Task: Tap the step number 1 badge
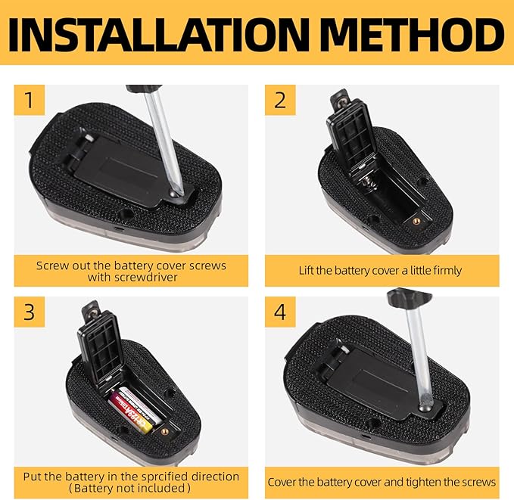click(30, 100)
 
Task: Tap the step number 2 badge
click(280, 100)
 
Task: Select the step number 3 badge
click(30, 312)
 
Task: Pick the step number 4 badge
click(280, 312)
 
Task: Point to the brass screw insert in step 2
click(417, 222)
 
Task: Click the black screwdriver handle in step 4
click(409, 297)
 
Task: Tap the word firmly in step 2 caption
click(447, 271)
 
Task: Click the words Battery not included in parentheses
click(129, 488)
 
